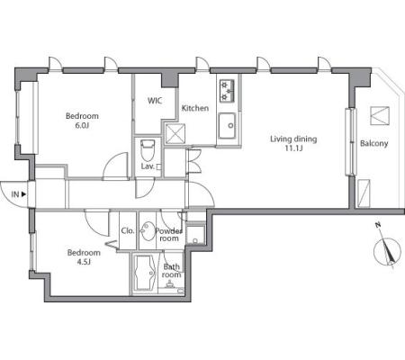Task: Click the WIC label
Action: (155, 101)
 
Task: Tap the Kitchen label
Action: (195, 108)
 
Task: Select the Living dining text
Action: (293, 139)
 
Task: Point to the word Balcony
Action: (373, 143)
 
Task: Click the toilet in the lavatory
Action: (148, 150)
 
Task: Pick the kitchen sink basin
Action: (227, 126)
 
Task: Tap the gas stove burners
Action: (227, 91)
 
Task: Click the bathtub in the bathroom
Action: (144, 273)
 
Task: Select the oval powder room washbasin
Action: (148, 231)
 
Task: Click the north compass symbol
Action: (387, 250)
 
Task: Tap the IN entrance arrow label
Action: (19, 194)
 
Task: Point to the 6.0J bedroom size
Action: (82, 125)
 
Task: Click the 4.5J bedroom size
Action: (84, 262)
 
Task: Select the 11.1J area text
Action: (293, 148)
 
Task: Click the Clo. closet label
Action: (128, 230)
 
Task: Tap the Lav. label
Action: (148, 166)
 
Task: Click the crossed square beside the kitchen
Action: (175, 133)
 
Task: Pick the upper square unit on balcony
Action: (380, 115)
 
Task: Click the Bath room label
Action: (172, 271)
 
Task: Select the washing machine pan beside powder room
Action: (195, 234)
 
